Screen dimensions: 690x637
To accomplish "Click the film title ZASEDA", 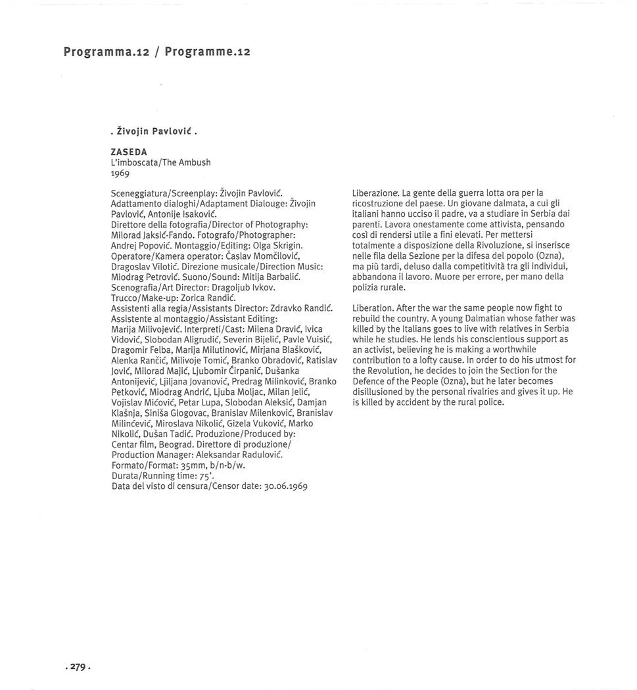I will (x=129, y=151).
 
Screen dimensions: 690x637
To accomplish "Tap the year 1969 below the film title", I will (x=120, y=173).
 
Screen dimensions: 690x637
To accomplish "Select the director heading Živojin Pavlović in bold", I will (x=153, y=131).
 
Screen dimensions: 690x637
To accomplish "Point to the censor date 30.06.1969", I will (x=285, y=486).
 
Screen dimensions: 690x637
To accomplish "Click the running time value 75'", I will (x=206, y=476).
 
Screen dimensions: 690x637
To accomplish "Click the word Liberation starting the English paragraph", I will (x=373, y=308).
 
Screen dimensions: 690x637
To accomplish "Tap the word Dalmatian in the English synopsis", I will (x=483, y=318).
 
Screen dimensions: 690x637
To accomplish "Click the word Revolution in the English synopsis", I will (x=390, y=371).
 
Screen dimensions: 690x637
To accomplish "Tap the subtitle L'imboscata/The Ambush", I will (x=160, y=162).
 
